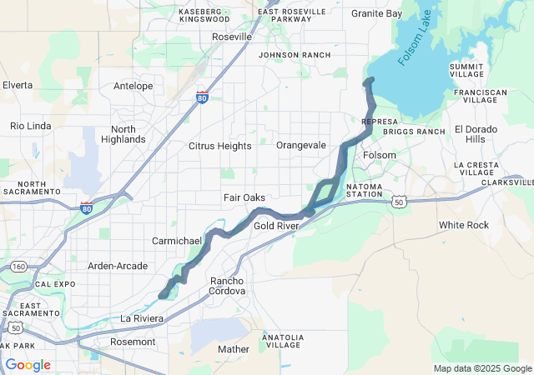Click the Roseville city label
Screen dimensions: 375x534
pyautogui.click(x=233, y=37)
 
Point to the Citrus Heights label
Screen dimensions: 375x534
pyautogui.click(x=219, y=146)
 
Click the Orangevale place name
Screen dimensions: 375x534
pyautogui.click(x=300, y=145)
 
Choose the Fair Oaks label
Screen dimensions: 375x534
pyautogui.click(x=244, y=197)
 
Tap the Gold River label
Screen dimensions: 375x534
pyautogui.click(x=275, y=226)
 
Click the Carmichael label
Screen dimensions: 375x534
pyautogui.click(x=177, y=241)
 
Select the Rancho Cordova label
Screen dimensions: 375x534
pyautogui.click(x=228, y=286)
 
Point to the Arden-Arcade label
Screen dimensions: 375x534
pyautogui.click(x=118, y=266)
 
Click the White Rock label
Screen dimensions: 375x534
pyautogui.click(x=464, y=225)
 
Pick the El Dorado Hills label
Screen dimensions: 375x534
pyautogui.click(x=476, y=134)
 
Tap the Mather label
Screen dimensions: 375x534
pyautogui.click(x=234, y=349)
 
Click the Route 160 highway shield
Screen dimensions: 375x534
pyautogui.click(x=18, y=266)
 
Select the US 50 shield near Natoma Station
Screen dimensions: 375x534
pyautogui.click(x=400, y=202)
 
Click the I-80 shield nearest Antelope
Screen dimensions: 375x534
pyautogui.click(x=202, y=97)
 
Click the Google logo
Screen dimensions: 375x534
pyautogui.click(x=28, y=365)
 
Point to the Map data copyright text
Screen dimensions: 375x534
pyautogui.click(x=482, y=368)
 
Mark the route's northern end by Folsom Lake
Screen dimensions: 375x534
pyautogui.click(x=368, y=81)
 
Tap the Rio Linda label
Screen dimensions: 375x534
pyautogui.click(x=30, y=126)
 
